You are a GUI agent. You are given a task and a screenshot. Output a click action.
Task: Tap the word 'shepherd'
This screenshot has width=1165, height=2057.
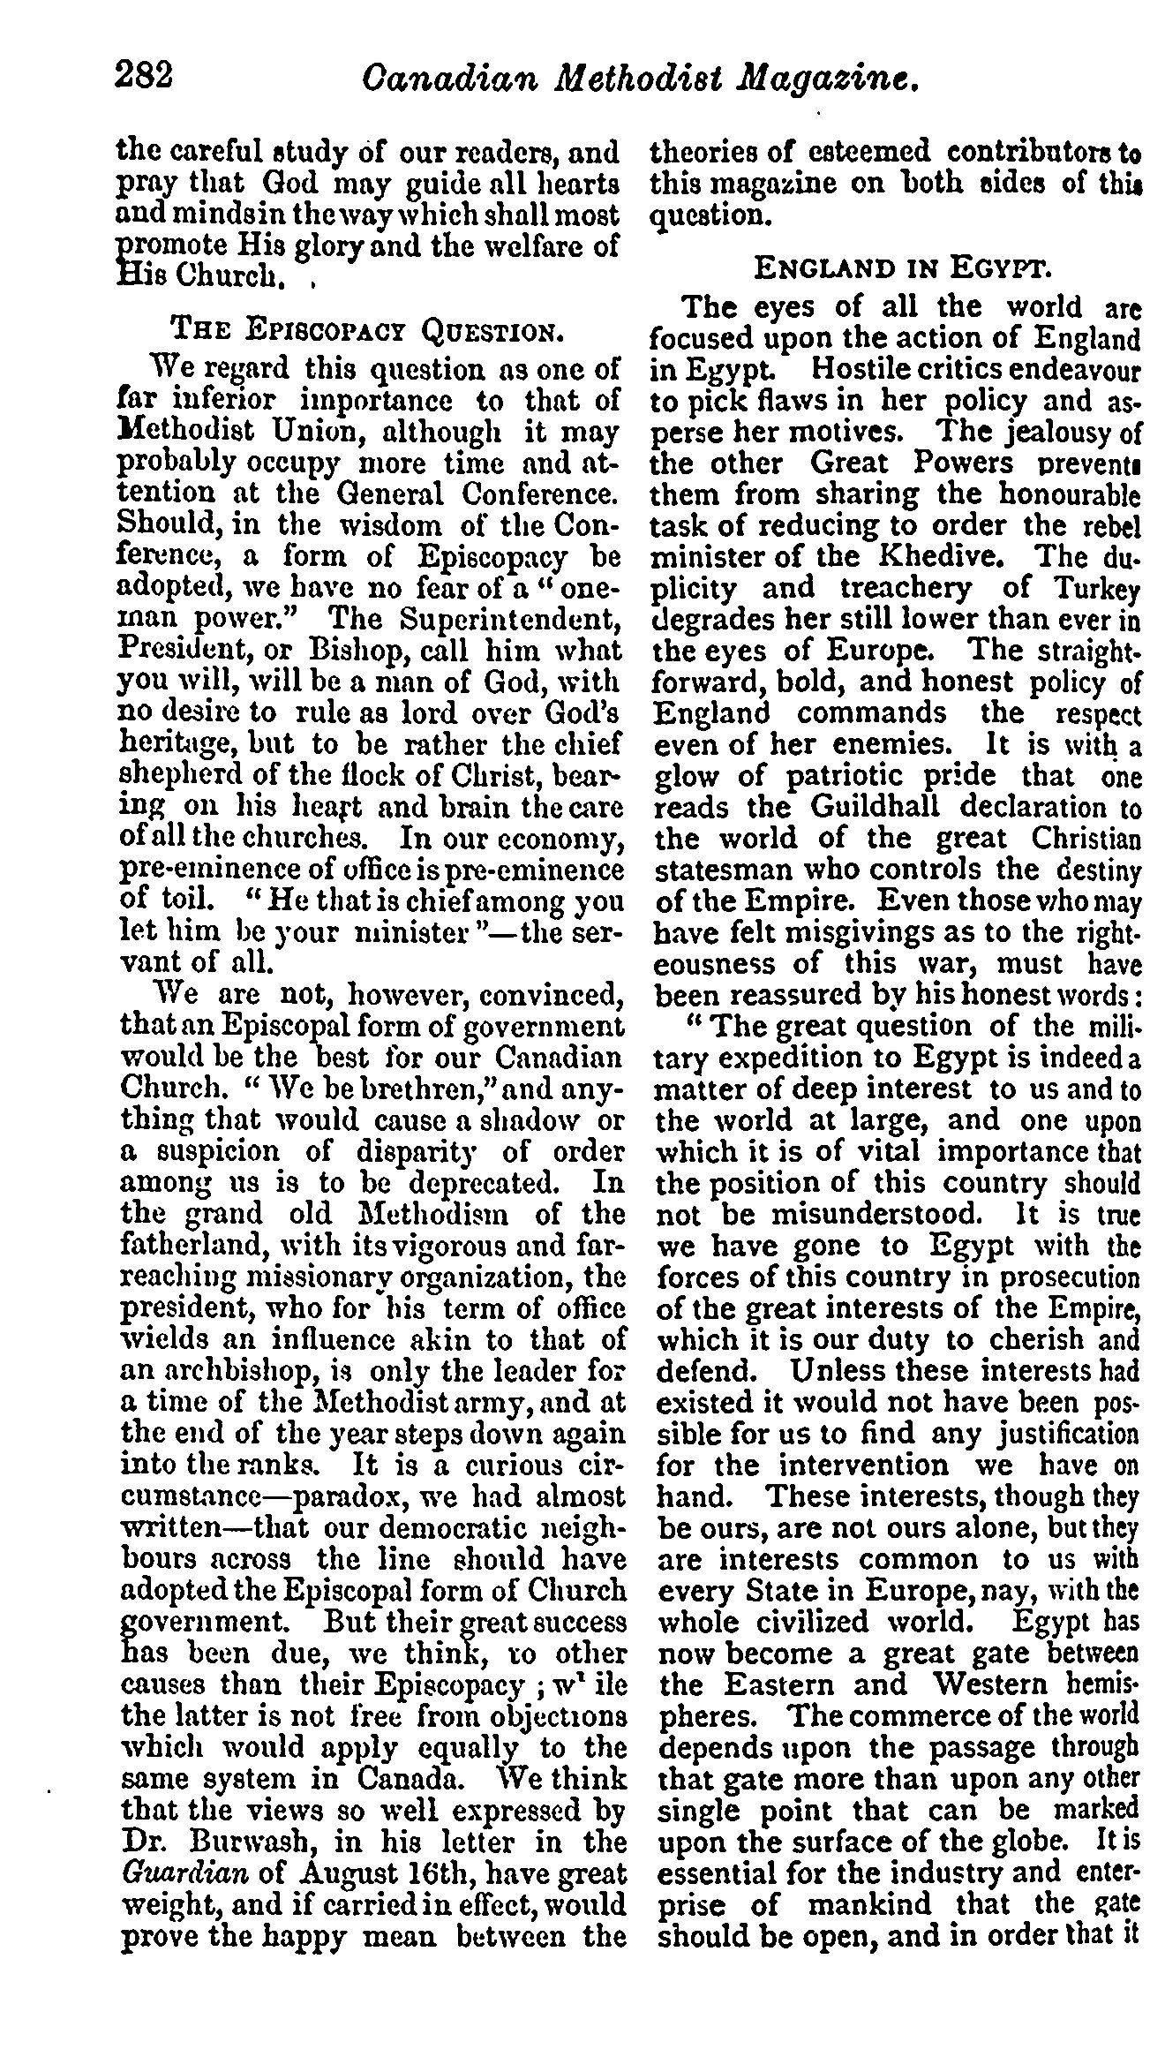pos(177,776)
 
